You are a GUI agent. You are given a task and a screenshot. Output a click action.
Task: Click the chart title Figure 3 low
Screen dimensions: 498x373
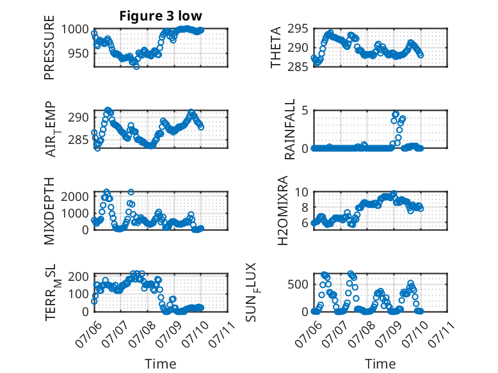tap(161, 16)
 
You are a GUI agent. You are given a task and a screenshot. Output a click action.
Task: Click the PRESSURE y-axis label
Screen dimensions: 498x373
tap(49, 47)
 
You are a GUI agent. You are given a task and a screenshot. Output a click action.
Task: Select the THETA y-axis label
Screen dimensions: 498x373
tap(276, 47)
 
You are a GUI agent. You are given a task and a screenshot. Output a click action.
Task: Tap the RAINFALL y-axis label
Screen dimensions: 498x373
tap(290, 129)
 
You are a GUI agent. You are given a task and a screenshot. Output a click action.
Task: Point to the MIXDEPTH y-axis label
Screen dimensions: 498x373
tap(49, 211)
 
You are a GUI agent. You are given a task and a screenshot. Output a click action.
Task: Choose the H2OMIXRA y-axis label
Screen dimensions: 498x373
tap(282, 210)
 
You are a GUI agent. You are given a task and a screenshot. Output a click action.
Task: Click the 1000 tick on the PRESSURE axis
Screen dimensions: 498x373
tap(75, 29)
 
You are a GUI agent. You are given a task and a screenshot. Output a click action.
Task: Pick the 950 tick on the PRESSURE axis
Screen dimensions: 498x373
tap(79, 53)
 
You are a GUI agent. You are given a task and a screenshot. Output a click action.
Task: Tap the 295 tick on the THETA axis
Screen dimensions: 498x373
tap(298, 29)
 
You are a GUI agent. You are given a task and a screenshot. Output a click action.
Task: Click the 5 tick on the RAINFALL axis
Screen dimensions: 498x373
tap(305, 111)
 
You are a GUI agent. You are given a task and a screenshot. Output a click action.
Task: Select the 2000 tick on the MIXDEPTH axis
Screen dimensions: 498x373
tap(75, 196)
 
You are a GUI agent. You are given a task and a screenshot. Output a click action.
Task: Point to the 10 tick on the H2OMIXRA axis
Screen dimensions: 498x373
tap(301, 192)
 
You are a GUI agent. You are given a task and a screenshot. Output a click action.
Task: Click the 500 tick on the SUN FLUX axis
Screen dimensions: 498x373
tap(298, 284)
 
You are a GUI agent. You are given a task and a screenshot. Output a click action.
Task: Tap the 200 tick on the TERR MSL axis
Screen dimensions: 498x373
tap(79, 276)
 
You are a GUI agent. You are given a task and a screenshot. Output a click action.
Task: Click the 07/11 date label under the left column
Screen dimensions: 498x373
tap(222, 334)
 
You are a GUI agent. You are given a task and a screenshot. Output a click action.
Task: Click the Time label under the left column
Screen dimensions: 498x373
tap(161, 364)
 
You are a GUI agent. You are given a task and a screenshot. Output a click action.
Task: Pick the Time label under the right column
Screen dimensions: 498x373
tap(380, 364)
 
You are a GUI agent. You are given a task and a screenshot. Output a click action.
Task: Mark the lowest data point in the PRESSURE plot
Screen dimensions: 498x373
tap(136, 67)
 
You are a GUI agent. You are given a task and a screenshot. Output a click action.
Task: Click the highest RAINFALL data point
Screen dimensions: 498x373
tap(396, 114)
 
